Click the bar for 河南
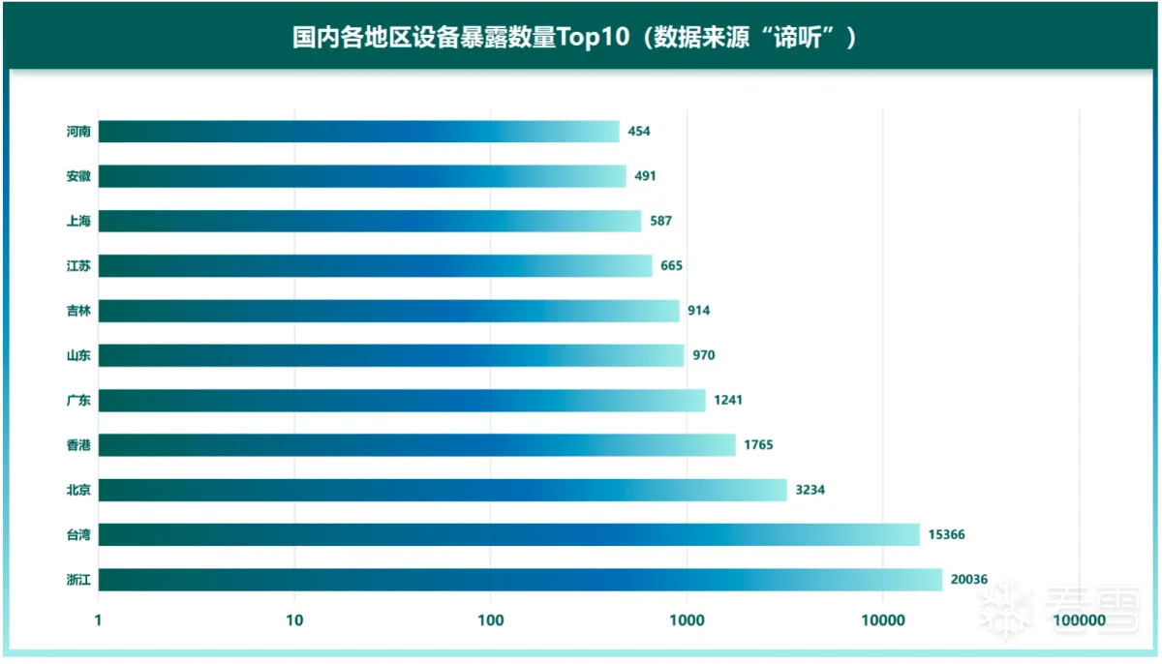coord(358,132)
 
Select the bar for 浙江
coord(520,580)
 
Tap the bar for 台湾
coord(508,534)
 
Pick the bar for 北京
coord(443,490)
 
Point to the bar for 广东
coord(402,401)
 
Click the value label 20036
coord(969,580)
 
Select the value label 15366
coord(947,535)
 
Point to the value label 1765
coord(758,445)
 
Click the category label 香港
coord(78,445)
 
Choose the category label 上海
coord(78,222)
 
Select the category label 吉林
coord(78,311)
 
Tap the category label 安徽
coord(78,176)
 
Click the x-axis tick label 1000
coord(687,619)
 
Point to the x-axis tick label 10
coord(294,619)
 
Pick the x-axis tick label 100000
coord(1080,619)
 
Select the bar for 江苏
coord(375,266)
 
